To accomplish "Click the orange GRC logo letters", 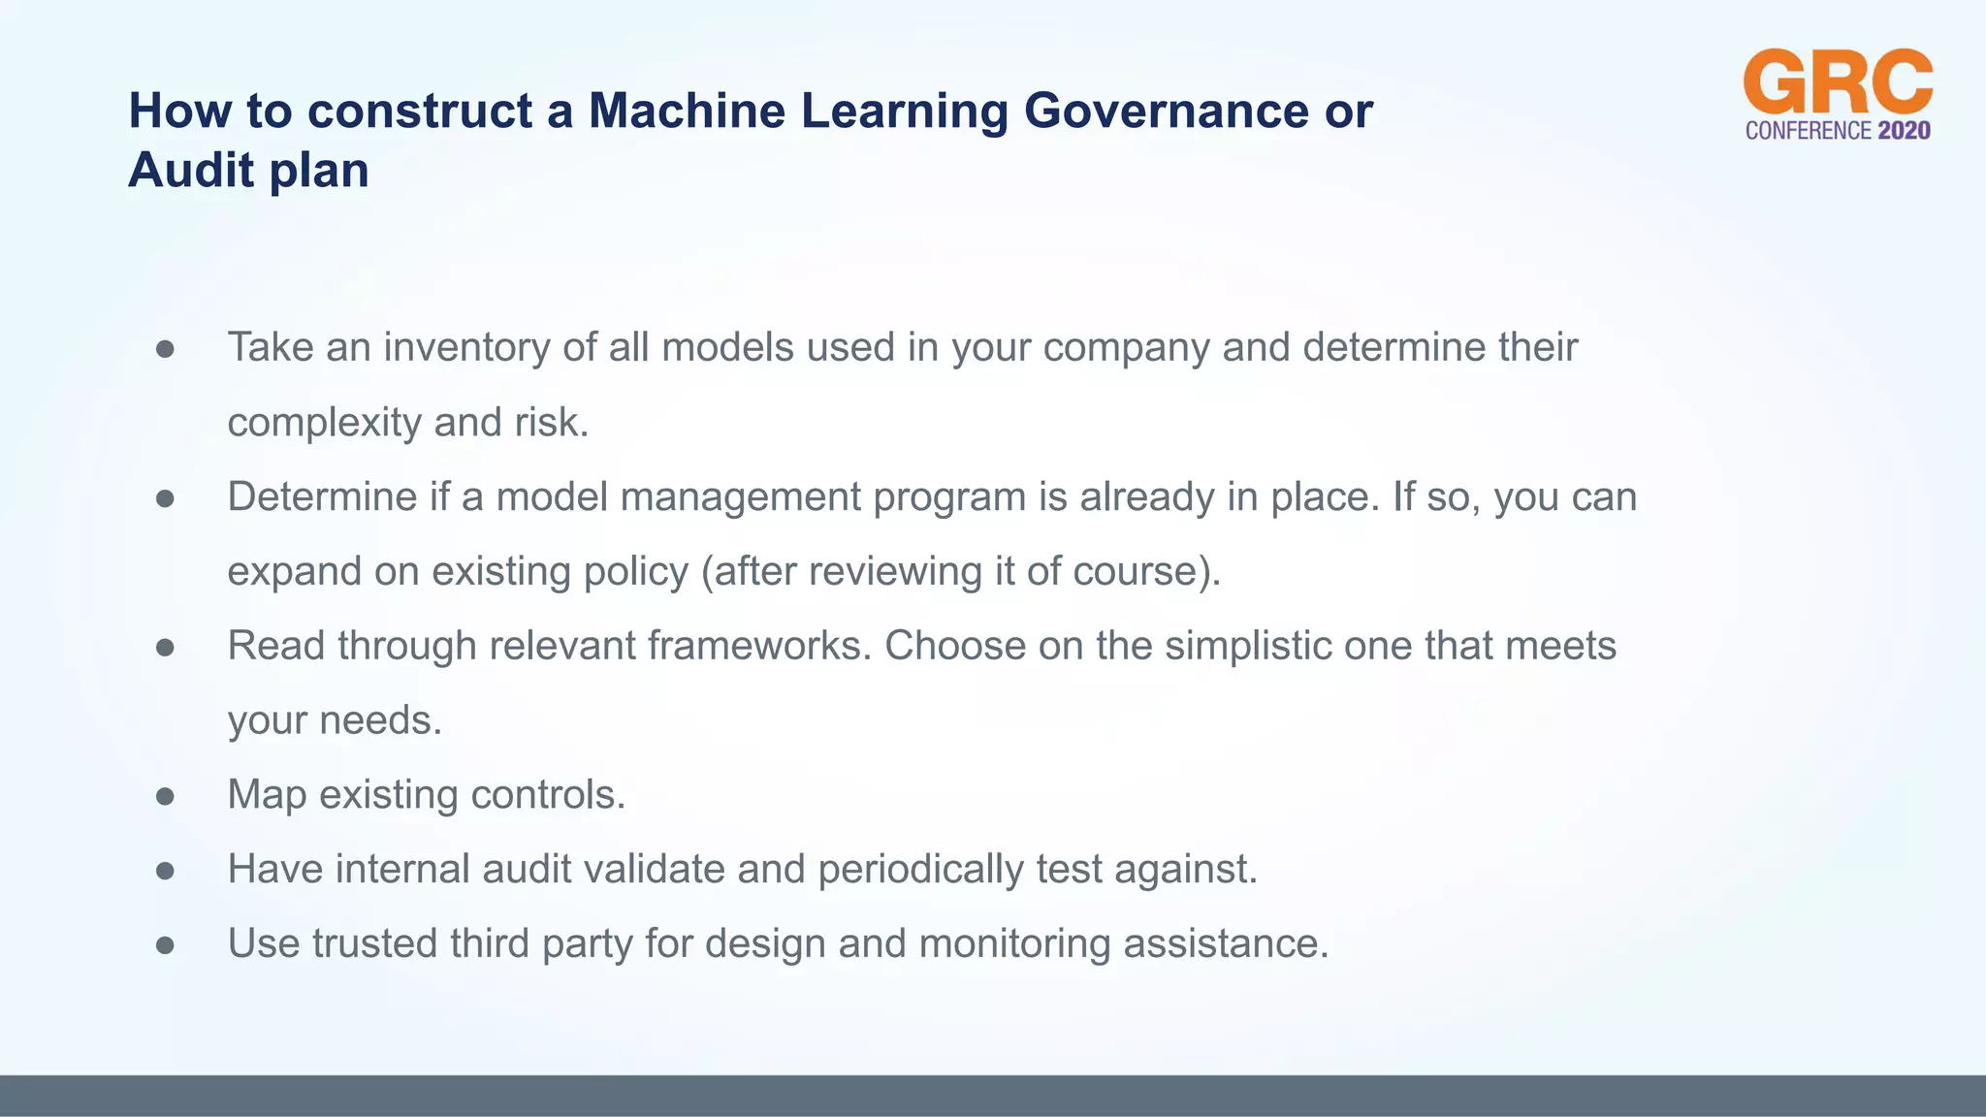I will coord(1838,82).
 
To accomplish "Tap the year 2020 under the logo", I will coord(1904,131).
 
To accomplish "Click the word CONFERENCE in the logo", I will coord(1808,131).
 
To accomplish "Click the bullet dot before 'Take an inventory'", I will coord(165,349).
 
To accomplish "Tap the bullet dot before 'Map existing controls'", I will coord(165,796).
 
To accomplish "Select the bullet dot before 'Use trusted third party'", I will coord(165,945).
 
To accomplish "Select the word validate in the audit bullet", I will coord(652,870).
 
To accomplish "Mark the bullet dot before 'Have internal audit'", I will coord(165,871).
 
